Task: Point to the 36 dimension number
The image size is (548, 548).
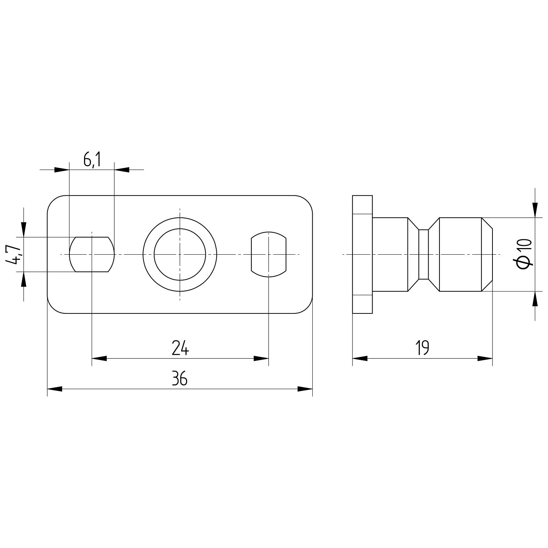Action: pos(180,379)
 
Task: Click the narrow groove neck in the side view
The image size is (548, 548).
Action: pos(423,254)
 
